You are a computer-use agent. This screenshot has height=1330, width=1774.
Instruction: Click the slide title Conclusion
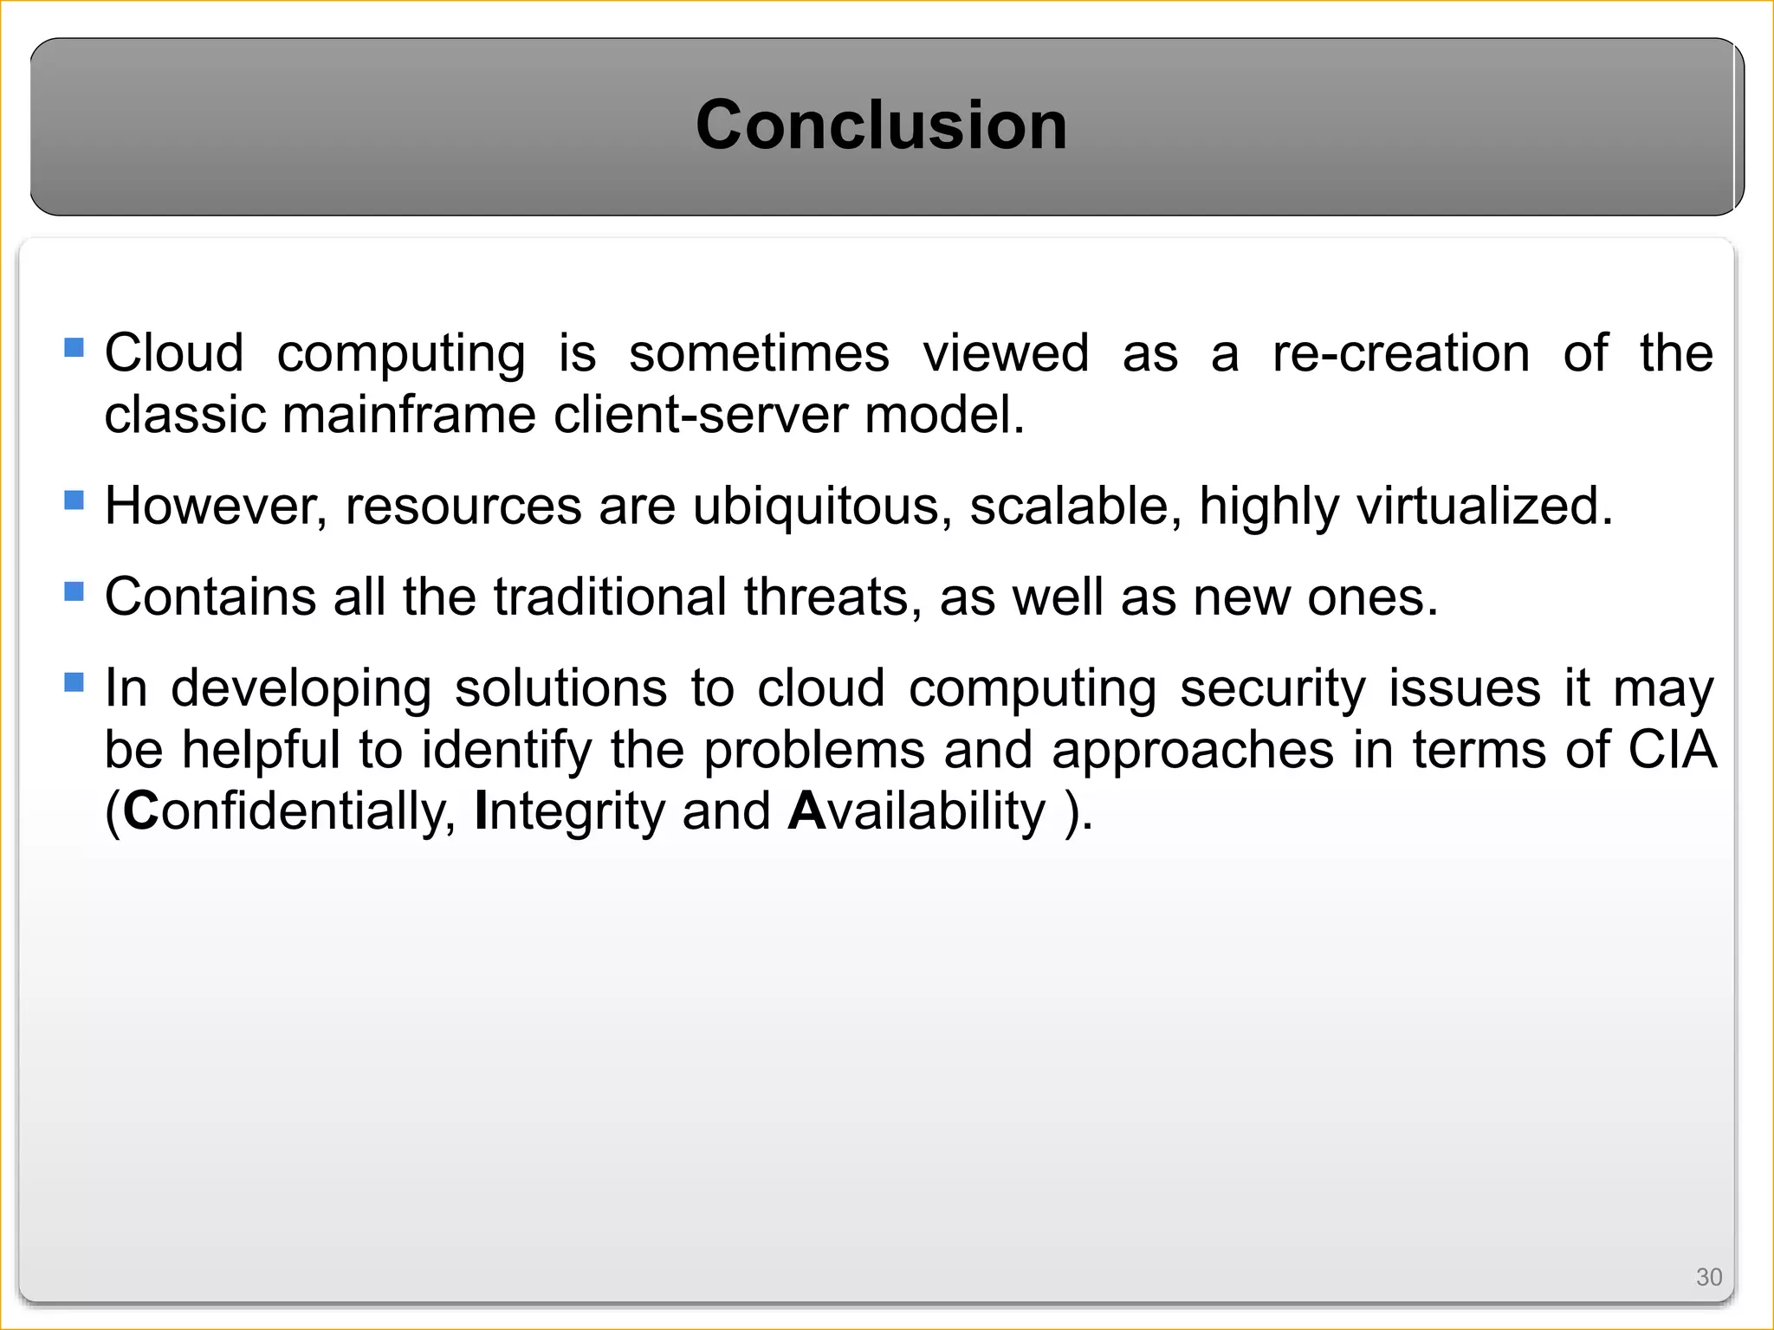pyautogui.click(x=881, y=125)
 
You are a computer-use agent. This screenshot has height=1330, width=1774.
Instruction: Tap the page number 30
pyautogui.click(x=1708, y=1276)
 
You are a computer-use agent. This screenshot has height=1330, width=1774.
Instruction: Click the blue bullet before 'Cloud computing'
pyautogui.click(x=74, y=348)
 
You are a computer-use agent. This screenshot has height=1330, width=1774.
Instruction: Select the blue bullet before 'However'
pyautogui.click(x=74, y=500)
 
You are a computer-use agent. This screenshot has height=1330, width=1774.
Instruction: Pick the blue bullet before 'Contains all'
pyautogui.click(x=74, y=592)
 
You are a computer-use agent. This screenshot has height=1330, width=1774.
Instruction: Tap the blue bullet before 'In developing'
pyautogui.click(x=74, y=683)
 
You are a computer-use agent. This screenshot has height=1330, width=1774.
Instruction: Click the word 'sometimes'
pyautogui.click(x=759, y=353)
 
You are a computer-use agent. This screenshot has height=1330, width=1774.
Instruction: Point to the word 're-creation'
pyautogui.click(x=1401, y=353)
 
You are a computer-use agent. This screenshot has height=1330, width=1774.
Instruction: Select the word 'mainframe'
pyautogui.click(x=408, y=415)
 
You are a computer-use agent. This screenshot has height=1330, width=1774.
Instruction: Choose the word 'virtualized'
pyautogui.click(x=1483, y=507)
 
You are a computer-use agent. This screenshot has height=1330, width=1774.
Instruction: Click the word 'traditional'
pyautogui.click(x=610, y=597)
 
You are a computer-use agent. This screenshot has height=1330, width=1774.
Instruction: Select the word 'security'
pyautogui.click(x=1272, y=689)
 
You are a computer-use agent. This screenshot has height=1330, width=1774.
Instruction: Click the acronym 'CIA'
pyautogui.click(x=1672, y=750)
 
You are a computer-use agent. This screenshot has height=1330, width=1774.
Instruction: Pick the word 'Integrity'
pyautogui.click(x=569, y=811)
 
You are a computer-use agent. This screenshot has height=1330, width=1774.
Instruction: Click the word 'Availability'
pyautogui.click(x=917, y=811)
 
